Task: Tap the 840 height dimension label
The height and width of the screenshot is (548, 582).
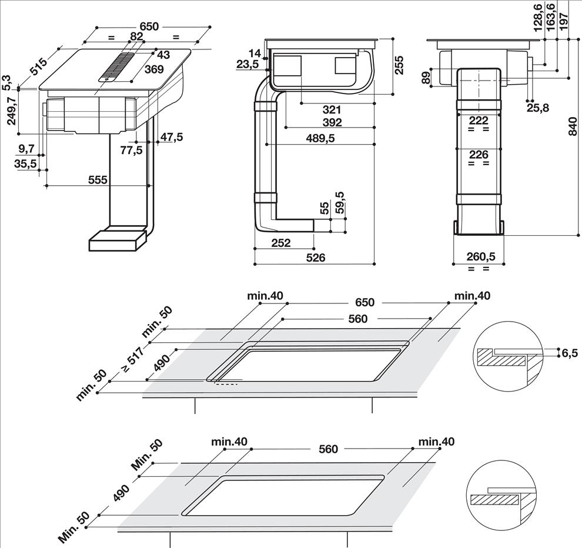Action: [573, 126]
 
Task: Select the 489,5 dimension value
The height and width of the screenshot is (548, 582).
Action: [320, 138]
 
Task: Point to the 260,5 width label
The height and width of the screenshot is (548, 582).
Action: [481, 256]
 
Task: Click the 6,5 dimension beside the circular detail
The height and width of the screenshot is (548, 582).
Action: [570, 353]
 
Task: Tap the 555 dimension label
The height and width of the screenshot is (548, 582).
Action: [98, 180]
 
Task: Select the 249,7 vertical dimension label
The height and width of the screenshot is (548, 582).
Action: [12, 111]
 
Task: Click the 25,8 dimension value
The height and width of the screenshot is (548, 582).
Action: [538, 108]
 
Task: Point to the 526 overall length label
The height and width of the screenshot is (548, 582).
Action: [316, 258]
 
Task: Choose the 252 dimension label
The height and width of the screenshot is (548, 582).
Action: [281, 243]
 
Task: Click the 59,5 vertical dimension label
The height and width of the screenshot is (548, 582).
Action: [340, 202]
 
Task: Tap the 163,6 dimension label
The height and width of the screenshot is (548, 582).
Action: [550, 16]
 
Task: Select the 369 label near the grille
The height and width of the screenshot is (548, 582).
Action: [154, 69]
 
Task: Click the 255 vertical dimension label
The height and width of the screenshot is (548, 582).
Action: [398, 65]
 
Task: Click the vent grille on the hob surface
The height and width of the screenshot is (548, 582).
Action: [116, 66]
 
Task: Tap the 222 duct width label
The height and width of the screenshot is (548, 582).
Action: [479, 121]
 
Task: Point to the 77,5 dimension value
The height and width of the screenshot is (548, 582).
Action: [132, 151]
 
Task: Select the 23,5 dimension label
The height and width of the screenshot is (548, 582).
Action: [247, 64]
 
